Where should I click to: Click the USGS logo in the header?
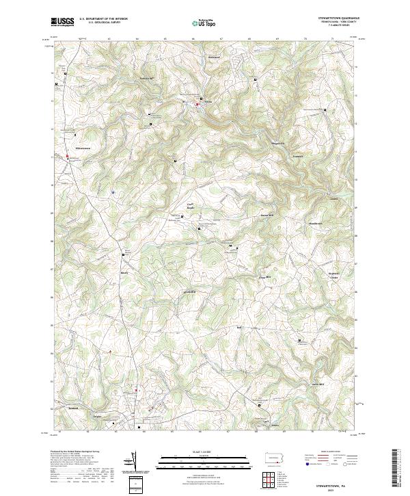[x=62, y=22]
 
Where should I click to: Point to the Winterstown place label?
[x=81, y=147]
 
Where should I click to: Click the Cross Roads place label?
[x=191, y=205]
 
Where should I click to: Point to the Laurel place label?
[x=333, y=200]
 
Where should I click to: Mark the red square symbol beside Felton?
[x=197, y=104]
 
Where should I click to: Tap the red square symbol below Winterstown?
[x=68, y=157]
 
